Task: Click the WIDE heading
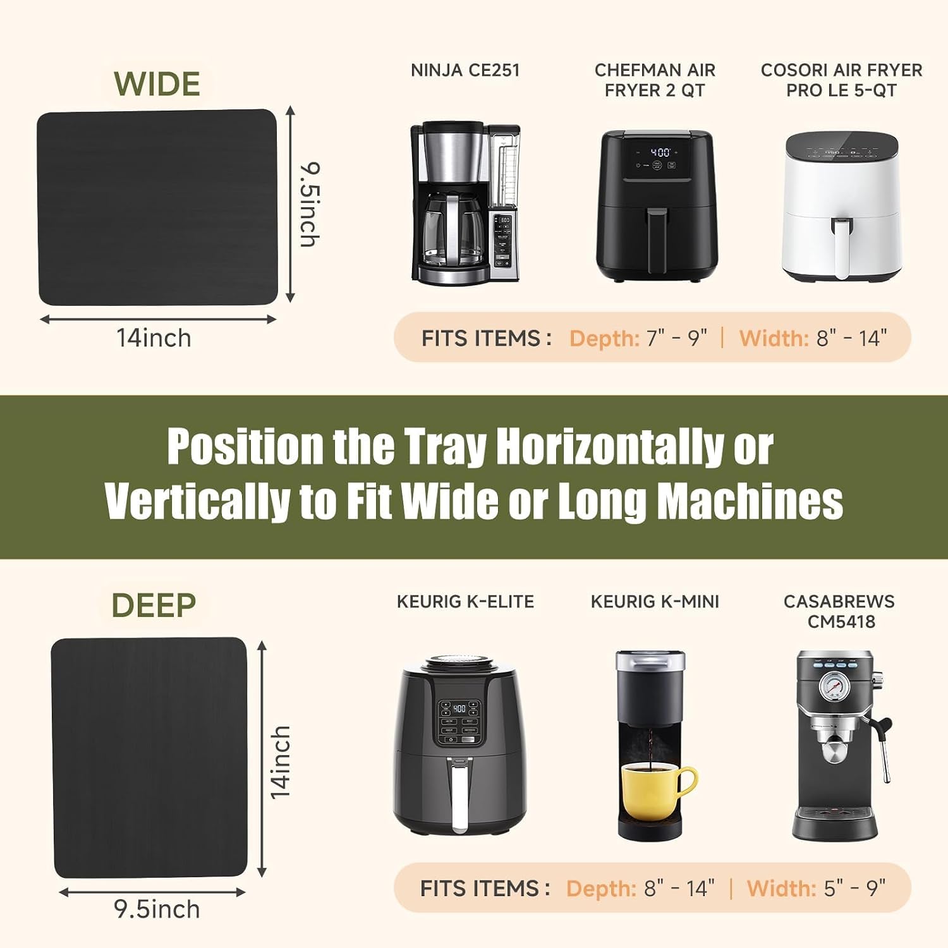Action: (157, 84)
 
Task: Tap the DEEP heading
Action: (154, 605)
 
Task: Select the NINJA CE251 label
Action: (465, 70)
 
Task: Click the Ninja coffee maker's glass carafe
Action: (451, 230)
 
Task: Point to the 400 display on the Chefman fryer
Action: (660, 152)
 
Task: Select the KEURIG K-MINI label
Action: (655, 602)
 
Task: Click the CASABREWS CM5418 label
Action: (839, 611)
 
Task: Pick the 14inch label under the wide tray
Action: (154, 338)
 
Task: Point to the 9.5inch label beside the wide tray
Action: (310, 204)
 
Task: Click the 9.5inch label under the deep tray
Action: (157, 909)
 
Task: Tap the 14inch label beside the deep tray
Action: (280, 762)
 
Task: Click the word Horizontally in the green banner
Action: (610, 447)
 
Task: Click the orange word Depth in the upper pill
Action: (605, 339)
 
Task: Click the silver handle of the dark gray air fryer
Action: (459, 794)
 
